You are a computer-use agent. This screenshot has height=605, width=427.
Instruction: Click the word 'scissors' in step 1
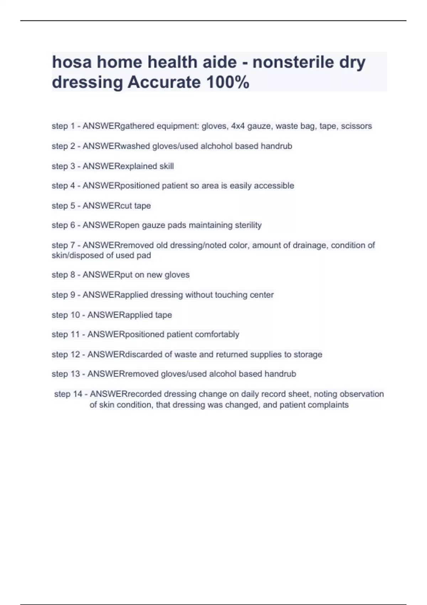(356, 126)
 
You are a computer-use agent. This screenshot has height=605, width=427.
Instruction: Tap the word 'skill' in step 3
(167, 166)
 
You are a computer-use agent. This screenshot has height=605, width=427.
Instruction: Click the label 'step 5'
(63, 206)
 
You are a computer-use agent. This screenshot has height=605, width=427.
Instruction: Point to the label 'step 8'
(63, 275)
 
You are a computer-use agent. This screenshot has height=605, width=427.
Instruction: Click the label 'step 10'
(66, 315)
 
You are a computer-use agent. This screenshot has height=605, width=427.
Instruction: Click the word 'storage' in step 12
(308, 354)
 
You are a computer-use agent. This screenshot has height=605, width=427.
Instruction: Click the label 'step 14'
(68, 394)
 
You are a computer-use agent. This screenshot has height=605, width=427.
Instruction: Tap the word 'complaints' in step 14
(328, 405)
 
